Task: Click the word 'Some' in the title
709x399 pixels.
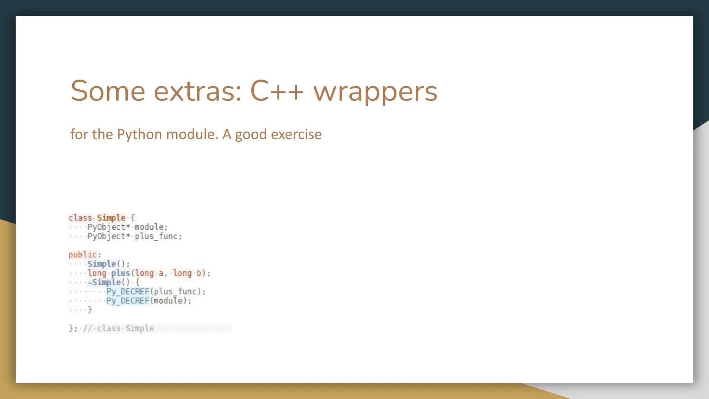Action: pyautogui.click(x=108, y=91)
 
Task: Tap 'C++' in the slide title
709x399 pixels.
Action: pyautogui.click(x=277, y=91)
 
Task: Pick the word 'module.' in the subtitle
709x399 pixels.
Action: pyautogui.click(x=192, y=134)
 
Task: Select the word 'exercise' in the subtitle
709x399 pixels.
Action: pyautogui.click(x=296, y=134)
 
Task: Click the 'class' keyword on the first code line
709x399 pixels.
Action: pyautogui.click(x=80, y=218)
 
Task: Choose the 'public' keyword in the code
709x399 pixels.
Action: pyautogui.click(x=83, y=255)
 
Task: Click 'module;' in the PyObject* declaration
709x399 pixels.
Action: pyautogui.click(x=151, y=227)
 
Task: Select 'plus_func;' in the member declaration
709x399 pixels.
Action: pyautogui.click(x=158, y=237)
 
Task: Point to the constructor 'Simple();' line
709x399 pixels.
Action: pyautogui.click(x=108, y=264)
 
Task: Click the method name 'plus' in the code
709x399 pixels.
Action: pyautogui.click(x=120, y=273)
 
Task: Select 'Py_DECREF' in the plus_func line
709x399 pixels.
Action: pyautogui.click(x=128, y=292)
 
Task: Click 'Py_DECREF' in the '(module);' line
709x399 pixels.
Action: pyautogui.click(x=128, y=301)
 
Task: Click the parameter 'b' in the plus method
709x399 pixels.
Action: pyautogui.click(x=199, y=273)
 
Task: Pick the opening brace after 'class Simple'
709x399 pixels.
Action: pyautogui.click(x=133, y=218)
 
